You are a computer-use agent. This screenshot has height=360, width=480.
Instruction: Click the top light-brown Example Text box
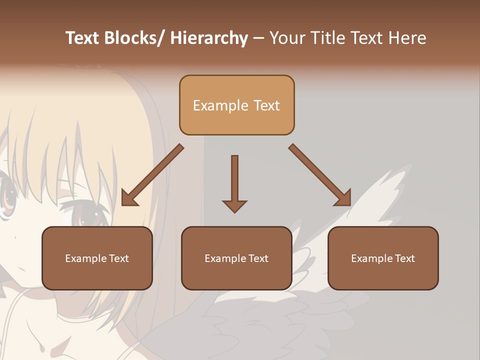[x=236, y=105]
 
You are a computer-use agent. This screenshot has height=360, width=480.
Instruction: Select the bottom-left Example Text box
[x=97, y=258]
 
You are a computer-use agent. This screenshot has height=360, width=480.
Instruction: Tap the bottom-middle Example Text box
[x=236, y=258]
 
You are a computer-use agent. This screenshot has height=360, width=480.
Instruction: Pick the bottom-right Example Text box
[x=383, y=258]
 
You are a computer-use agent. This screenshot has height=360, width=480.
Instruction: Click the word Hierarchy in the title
[x=209, y=38]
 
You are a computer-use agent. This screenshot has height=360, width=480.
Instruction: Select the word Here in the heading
[x=408, y=38]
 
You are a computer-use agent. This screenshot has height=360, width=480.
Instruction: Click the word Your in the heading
[x=287, y=38]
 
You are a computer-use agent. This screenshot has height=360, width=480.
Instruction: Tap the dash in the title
[x=258, y=38]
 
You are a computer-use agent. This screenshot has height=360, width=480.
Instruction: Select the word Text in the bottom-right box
[x=404, y=258]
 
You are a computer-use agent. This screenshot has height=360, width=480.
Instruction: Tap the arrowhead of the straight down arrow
[x=234, y=205]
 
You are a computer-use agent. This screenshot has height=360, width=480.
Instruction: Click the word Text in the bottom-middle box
[x=258, y=258]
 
